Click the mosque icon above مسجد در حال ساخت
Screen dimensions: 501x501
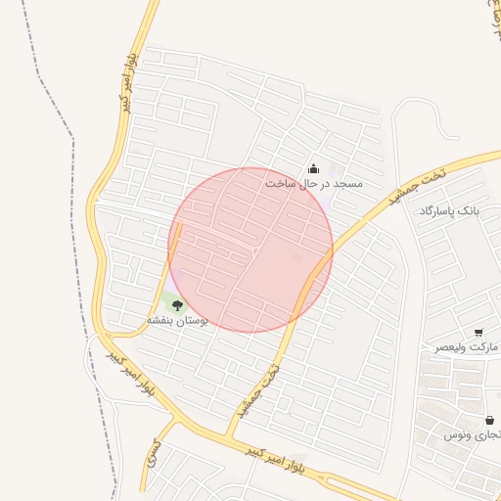(x=313, y=168)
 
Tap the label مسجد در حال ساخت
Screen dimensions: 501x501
(x=314, y=184)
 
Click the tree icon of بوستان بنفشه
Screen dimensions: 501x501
(x=177, y=305)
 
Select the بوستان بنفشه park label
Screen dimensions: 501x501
(x=177, y=320)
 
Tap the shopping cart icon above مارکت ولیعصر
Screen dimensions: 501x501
(x=478, y=334)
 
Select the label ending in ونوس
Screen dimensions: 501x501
(x=470, y=433)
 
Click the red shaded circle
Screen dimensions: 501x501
(x=250, y=250)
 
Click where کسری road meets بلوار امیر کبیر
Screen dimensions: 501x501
(x=175, y=419)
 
